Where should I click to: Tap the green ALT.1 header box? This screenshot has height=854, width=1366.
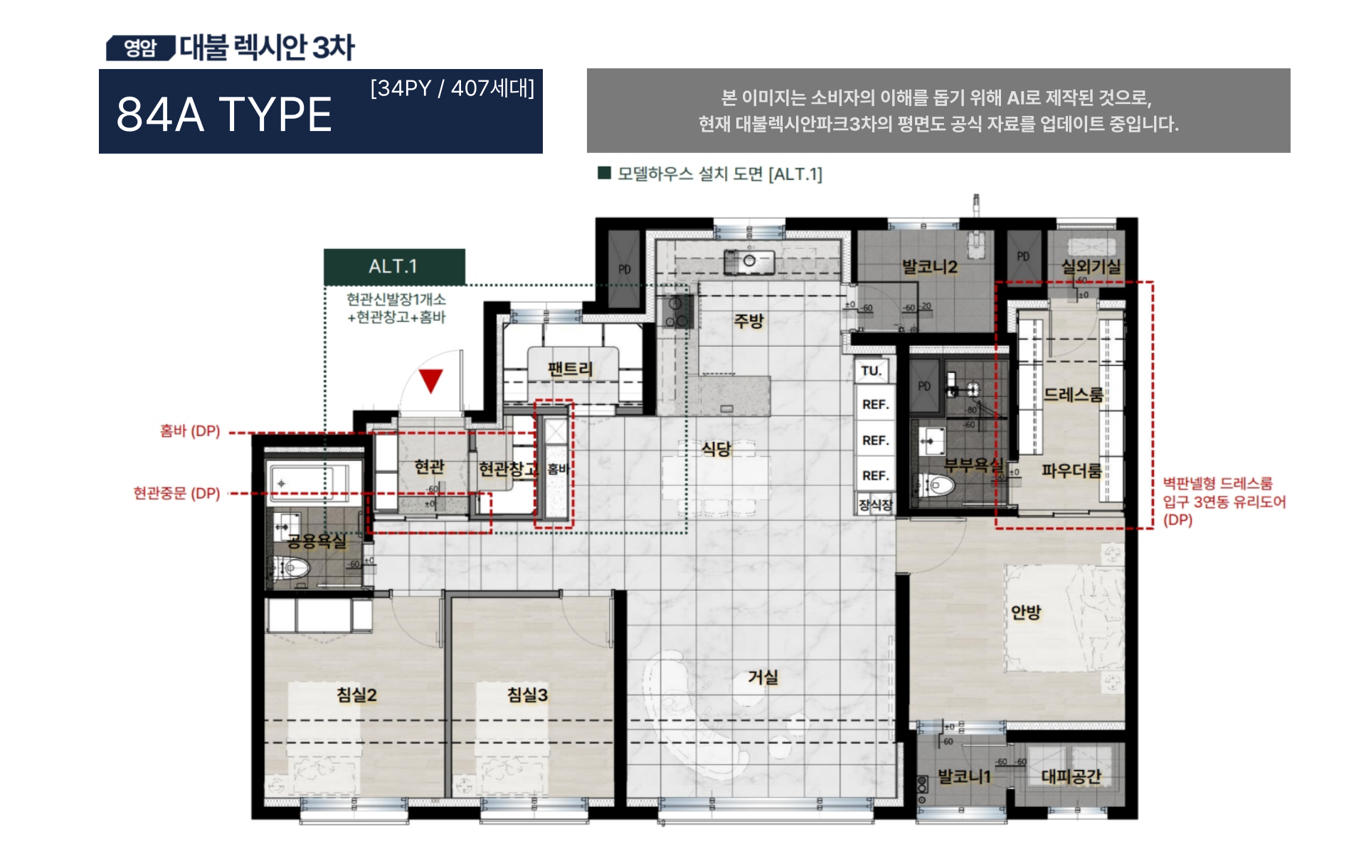click(x=394, y=266)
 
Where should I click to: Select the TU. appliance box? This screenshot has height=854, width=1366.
click(x=872, y=371)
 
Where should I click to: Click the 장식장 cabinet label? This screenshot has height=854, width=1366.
click(x=875, y=505)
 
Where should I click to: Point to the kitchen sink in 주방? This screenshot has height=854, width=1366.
click(x=748, y=261)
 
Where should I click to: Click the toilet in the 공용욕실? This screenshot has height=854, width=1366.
click(x=293, y=568)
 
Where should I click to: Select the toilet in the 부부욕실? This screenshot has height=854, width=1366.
click(x=938, y=486)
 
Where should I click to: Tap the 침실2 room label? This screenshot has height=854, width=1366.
click(x=356, y=695)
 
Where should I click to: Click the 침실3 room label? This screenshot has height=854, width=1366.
click(x=527, y=695)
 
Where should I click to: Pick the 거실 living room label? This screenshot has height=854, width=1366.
click(x=763, y=677)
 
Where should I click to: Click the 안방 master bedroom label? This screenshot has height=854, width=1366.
click(x=1026, y=612)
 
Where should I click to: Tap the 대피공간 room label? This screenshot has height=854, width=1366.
click(x=1071, y=776)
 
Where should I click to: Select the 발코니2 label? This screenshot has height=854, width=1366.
click(x=930, y=267)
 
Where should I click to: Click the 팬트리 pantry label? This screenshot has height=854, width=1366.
click(x=570, y=369)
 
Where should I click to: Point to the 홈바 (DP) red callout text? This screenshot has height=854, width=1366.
click(x=190, y=431)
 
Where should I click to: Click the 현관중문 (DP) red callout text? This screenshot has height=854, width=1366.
click(x=177, y=493)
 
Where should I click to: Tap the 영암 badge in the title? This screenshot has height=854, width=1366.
click(x=140, y=48)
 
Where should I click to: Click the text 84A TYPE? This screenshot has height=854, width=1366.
click(x=224, y=115)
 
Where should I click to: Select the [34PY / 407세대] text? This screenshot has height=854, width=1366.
click(x=452, y=88)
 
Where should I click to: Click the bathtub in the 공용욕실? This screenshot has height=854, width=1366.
click(x=313, y=482)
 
